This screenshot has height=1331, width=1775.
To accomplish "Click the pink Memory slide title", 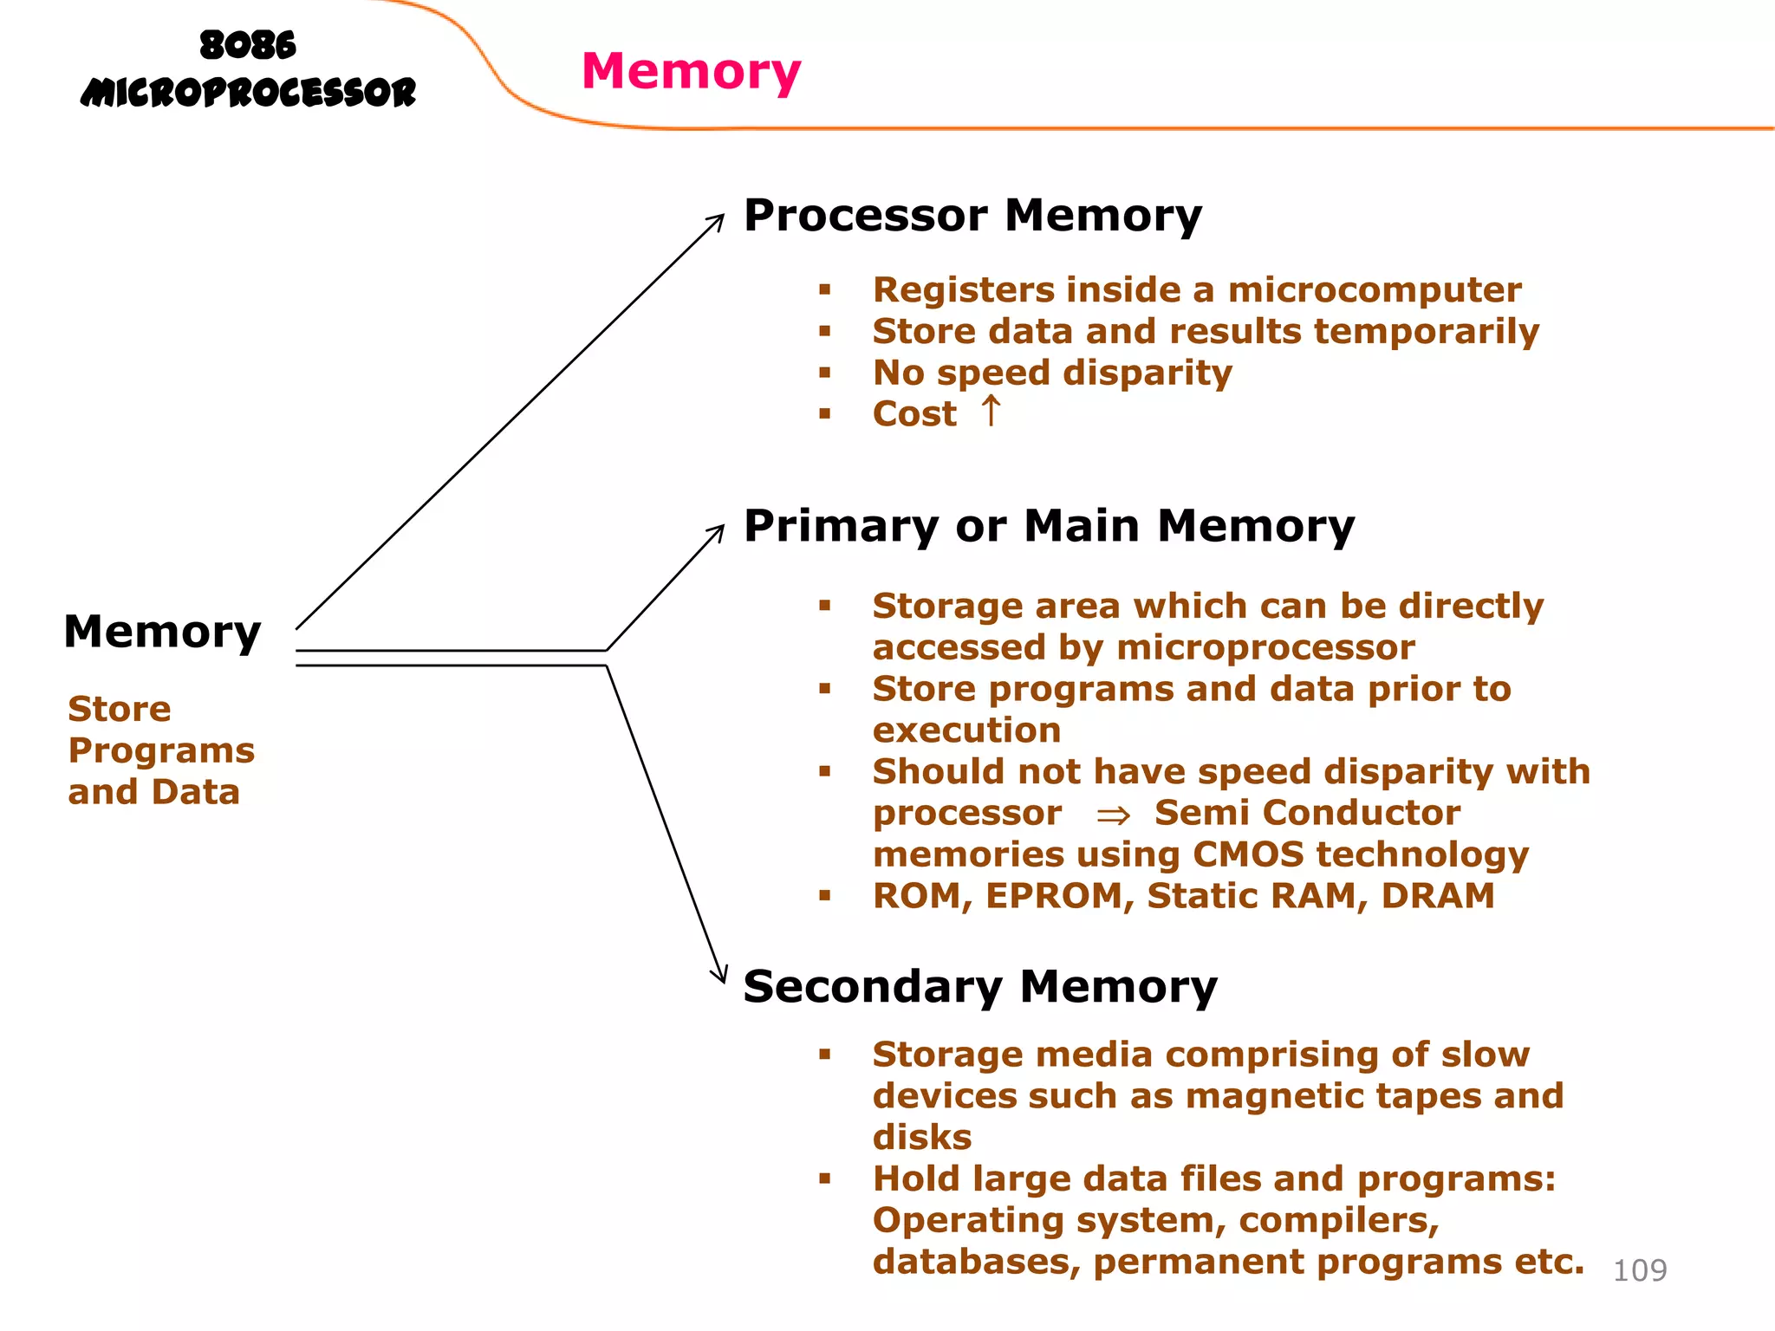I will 691,71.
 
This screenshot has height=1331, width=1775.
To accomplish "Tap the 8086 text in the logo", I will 248,45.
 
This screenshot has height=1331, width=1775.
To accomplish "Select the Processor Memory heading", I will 972,215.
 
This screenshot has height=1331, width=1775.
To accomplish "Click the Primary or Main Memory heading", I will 1049,526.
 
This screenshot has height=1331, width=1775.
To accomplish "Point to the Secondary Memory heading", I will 980,986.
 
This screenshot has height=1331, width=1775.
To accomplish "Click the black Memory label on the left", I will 162,632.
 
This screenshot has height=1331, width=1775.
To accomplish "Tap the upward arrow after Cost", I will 991,411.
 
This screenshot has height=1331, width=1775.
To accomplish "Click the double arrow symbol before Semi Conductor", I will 1113,815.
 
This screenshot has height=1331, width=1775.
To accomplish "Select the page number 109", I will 1639,1270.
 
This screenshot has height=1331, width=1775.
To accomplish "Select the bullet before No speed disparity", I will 824,373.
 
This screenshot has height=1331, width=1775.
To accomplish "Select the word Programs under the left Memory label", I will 161,750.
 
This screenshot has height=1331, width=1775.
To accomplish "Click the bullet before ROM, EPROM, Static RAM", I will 824,896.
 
